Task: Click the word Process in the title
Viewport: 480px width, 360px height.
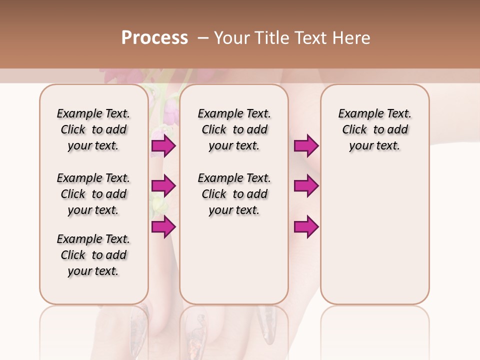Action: point(154,37)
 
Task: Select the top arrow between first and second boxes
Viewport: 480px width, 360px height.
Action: point(163,145)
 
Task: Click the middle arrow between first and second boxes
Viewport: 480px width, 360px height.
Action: point(163,186)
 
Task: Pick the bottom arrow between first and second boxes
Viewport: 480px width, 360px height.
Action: point(163,226)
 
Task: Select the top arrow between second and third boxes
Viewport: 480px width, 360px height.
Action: point(306,145)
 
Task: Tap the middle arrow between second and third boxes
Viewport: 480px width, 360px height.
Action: point(306,186)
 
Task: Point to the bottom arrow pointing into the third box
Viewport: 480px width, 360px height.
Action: point(306,226)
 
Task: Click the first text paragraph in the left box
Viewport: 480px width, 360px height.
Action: point(93,129)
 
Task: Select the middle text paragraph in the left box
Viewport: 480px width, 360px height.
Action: point(93,194)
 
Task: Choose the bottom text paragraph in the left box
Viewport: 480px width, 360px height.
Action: point(93,255)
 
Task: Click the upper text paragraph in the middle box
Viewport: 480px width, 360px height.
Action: point(234,129)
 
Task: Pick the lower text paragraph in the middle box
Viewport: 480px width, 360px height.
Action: point(234,194)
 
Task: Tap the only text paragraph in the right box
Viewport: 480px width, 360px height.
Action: point(374,129)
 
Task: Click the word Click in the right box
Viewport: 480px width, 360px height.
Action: point(354,130)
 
